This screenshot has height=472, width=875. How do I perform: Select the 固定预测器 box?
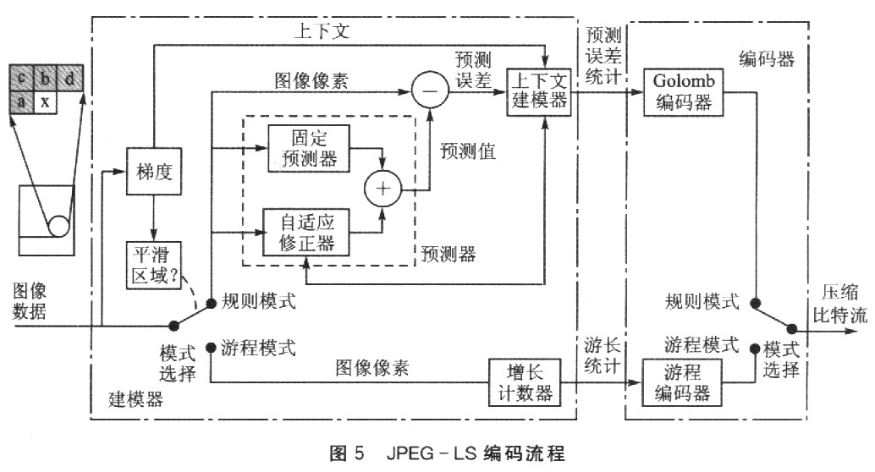[x=307, y=147]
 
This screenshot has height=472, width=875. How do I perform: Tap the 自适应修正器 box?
[x=307, y=230]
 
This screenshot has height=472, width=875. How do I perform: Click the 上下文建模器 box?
[x=538, y=91]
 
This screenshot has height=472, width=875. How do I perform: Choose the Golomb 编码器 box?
[x=681, y=91]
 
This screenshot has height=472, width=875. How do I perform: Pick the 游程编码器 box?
[x=681, y=383]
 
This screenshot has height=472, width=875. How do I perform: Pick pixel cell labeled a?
[x=20, y=102]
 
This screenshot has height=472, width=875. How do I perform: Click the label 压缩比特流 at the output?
[x=839, y=305]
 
